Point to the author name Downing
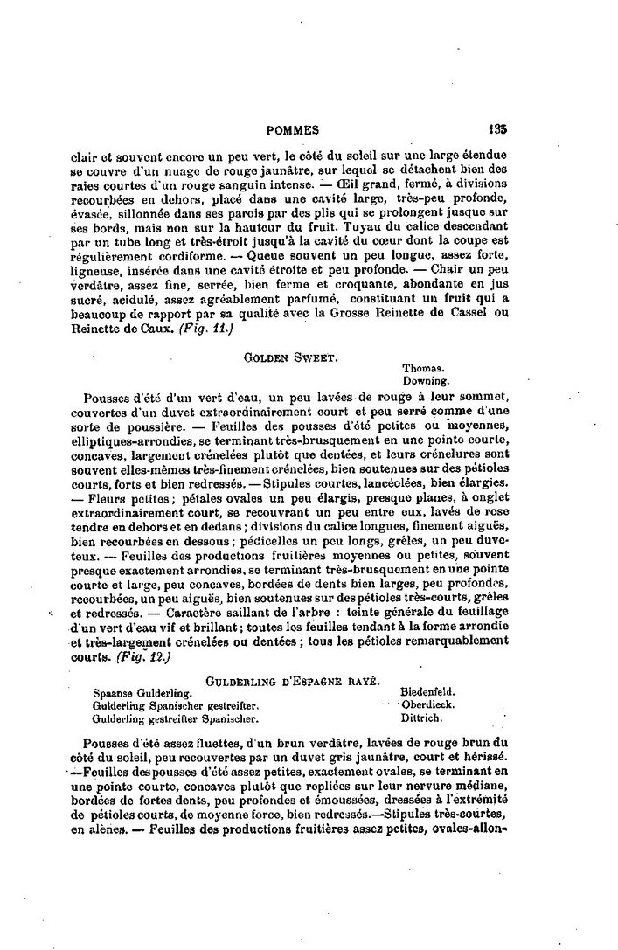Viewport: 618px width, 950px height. [426, 381]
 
